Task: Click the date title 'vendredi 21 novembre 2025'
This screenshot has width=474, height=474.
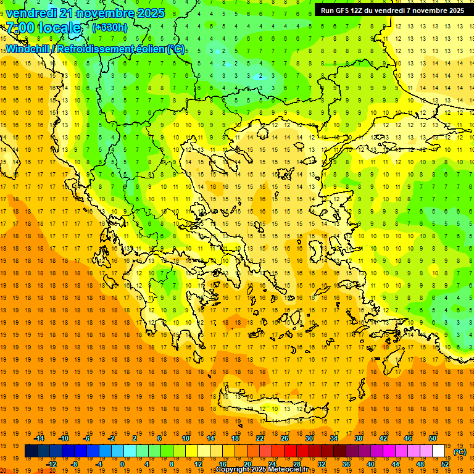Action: tap(85, 13)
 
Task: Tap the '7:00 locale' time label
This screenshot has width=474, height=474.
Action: tap(43, 28)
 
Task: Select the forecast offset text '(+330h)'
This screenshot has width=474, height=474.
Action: tap(109, 28)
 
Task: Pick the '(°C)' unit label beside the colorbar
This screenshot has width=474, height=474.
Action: tap(460, 452)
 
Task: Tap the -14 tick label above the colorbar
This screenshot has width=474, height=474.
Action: tap(39, 438)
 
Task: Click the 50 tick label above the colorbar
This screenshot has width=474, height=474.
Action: tap(432, 438)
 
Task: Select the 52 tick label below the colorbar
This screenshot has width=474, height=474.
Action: tap(445, 464)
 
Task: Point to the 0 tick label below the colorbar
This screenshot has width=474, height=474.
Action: tap(122, 464)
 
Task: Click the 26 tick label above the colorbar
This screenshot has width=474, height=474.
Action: tap(285, 438)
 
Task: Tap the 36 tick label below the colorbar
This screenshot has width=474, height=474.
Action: tap(346, 464)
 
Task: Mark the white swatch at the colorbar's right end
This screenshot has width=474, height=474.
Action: tap(438, 451)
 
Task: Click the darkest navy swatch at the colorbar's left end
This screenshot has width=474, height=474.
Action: tap(31, 451)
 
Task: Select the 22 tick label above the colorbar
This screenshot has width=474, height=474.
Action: tap(260, 438)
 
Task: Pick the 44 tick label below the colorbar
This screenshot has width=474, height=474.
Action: tap(395, 464)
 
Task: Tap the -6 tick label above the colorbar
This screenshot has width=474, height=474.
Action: tap(87, 438)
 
